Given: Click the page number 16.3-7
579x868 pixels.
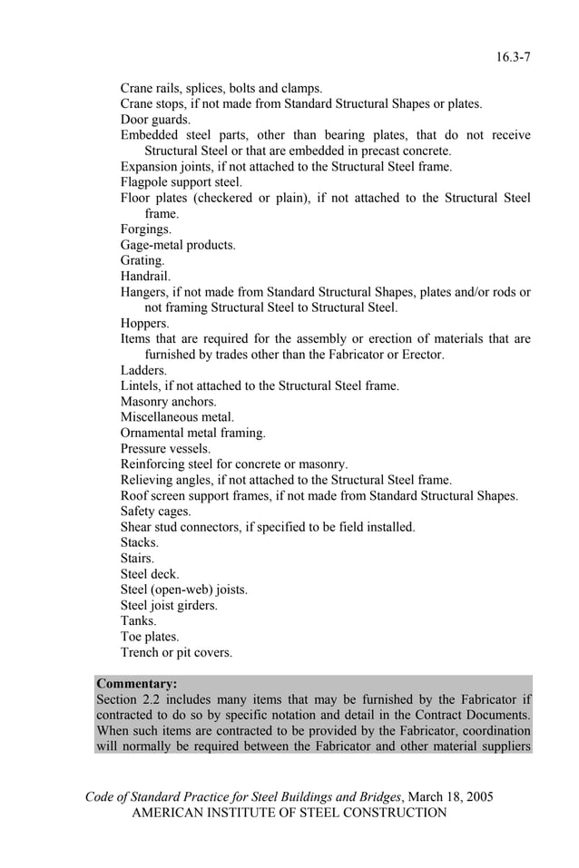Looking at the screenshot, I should (x=513, y=57).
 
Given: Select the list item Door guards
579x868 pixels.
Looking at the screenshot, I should (x=155, y=120).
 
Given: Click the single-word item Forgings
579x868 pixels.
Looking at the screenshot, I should (x=145, y=229).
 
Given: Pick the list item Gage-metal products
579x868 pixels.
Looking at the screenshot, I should (x=178, y=245).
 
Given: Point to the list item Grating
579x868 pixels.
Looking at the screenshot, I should (x=142, y=260).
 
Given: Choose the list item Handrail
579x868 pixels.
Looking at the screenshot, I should (x=145, y=276).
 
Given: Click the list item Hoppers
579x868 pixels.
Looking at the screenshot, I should (x=144, y=323).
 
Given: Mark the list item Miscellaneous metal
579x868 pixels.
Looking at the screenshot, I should (x=177, y=417).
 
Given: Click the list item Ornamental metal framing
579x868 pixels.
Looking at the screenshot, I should (x=193, y=433).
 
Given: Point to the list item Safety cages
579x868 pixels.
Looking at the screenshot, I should (x=155, y=511).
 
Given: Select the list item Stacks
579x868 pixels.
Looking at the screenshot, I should (x=140, y=542).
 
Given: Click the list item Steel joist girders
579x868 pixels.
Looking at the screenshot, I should (x=169, y=605).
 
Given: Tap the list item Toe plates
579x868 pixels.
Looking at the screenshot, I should (x=150, y=637).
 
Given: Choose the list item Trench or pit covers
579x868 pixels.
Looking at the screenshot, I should (x=176, y=652).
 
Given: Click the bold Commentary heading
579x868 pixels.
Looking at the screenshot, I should (x=136, y=683).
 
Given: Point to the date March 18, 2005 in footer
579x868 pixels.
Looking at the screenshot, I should (x=451, y=796).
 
